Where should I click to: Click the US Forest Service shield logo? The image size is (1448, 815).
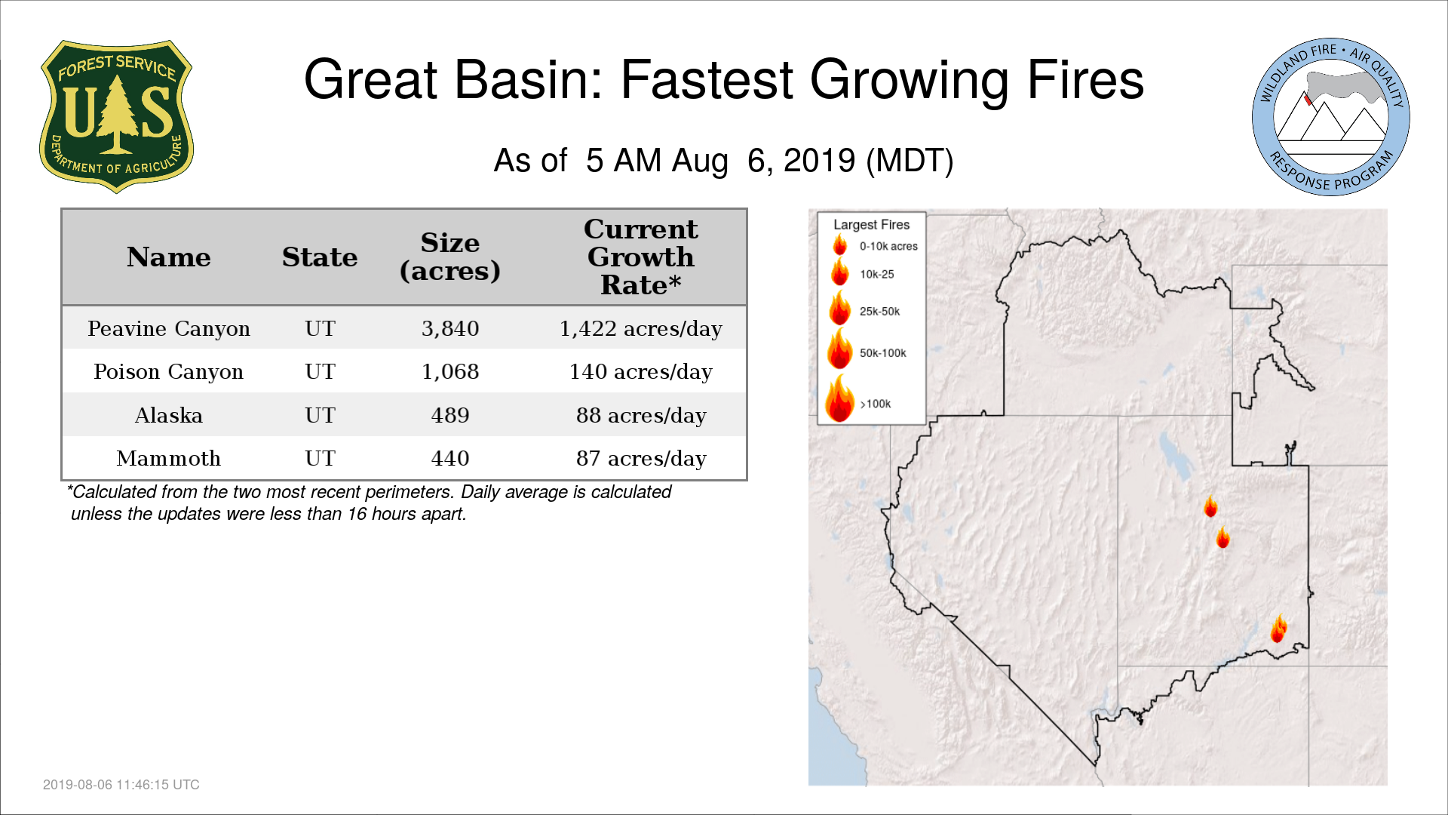(x=116, y=117)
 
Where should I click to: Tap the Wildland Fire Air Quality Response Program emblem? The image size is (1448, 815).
(x=1331, y=117)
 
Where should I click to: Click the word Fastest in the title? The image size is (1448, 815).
(x=707, y=80)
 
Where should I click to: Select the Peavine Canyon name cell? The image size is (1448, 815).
(x=169, y=328)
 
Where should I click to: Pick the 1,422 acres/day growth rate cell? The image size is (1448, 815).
(x=641, y=328)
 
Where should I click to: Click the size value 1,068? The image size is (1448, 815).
(x=450, y=371)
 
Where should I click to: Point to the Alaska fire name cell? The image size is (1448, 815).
(x=169, y=415)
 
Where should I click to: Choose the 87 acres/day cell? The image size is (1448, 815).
(x=641, y=458)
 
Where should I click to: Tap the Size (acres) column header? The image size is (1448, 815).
(x=450, y=257)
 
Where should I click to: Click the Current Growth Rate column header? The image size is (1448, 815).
(x=641, y=257)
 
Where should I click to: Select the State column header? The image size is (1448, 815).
(x=320, y=257)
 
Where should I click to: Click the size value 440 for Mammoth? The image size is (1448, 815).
(x=450, y=458)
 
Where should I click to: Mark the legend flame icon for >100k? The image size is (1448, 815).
(x=839, y=398)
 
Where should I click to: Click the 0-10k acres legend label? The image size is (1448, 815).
(x=888, y=246)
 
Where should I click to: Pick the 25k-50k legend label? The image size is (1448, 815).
(x=879, y=311)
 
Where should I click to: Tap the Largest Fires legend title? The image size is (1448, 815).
(x=871, y=224)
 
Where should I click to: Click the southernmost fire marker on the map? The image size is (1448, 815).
(x=1278, y=629)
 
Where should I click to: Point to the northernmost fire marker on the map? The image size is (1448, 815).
(x=1210, y=506)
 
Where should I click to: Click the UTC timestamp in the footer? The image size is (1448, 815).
(x=121, y=785)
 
